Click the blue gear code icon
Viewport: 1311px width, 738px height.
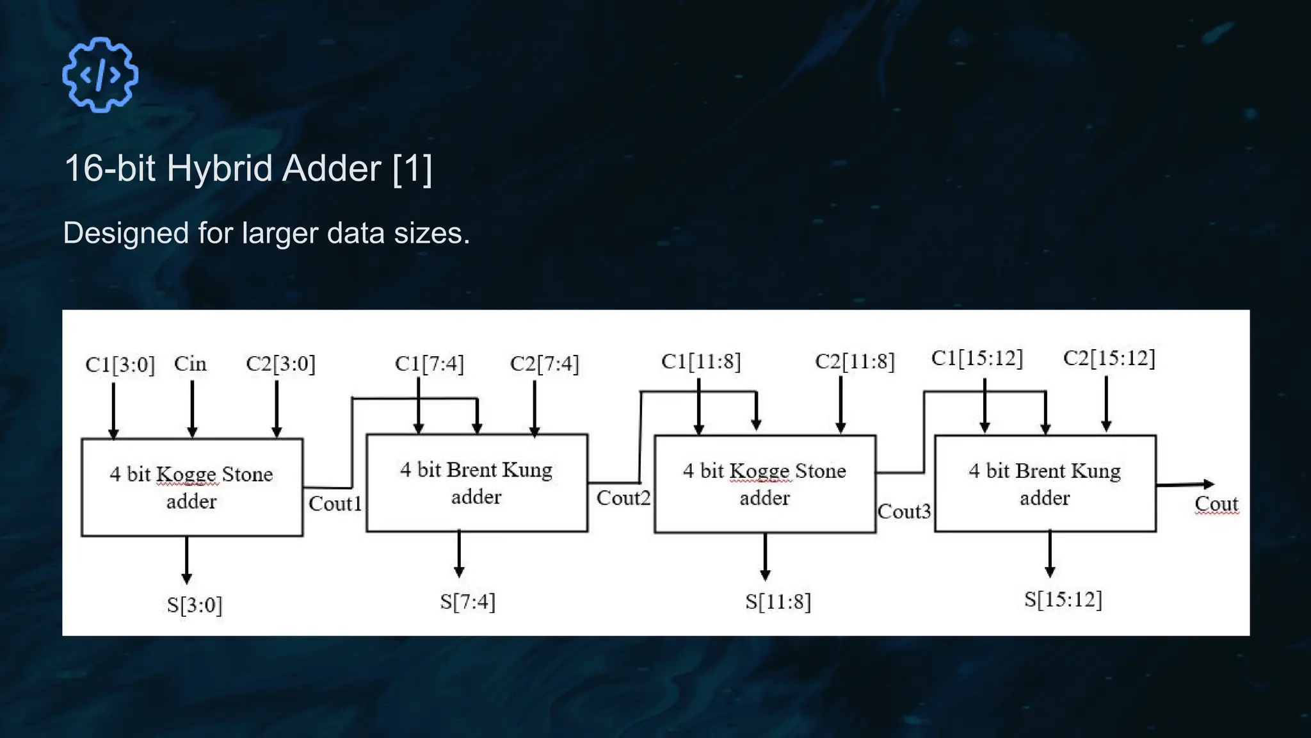pyautogui.click(x=100, y=75)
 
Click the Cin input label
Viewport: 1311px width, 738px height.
pyautogui.click(x=190, y=364)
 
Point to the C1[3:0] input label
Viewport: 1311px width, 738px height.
pyautogui.click(x=120, y=365)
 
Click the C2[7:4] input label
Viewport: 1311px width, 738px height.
pyautogui.click(x=544, y=364)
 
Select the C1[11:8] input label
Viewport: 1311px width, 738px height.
pyautogui.click(x=701, y=361)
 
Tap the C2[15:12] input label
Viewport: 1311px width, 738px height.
pyautogui.click(x=1109, y=358)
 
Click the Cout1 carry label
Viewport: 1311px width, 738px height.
pyautogui.click(x=335, y=504)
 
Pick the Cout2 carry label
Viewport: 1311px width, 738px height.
pyautogui.click(x=623, y=498)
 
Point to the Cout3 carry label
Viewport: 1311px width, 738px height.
pyautogui.click(x=904, y=511)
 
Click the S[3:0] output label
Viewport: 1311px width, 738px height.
pyautogui.click(x=195, y=605)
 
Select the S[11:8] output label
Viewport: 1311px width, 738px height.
pyautogui.click(x=778, y=602)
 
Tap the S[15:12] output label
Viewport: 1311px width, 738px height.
pyautogui.click(x=1063, y=600)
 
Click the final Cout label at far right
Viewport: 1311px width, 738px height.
pyautogui.click(x=1216, y=504)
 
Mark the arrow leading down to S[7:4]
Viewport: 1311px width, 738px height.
pyautogui.click(x=459, y=553)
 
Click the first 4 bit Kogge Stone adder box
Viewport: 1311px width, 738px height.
pyautogui.click(x=192, y=487)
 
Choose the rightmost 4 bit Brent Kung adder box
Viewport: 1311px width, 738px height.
pyautogui.click(x=1045, y=484)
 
